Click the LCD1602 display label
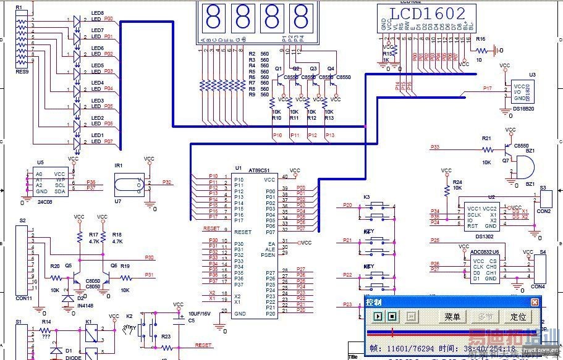point(427,14)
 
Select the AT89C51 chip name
point(258,170)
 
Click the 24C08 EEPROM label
point(43,202)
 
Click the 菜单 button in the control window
point(452,317)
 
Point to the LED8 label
point(97,12)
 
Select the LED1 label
point(97,135)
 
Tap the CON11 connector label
point(25,298)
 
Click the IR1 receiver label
point(119,165)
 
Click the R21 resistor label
point(486,138)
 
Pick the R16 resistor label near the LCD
point(480,39)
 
